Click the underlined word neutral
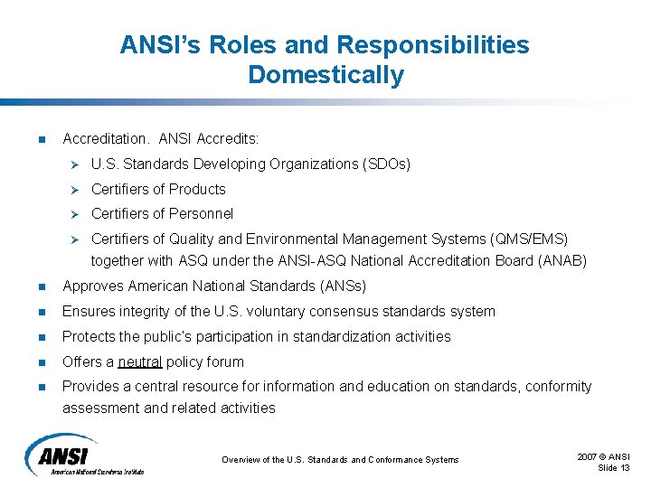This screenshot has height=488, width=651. [140, 361]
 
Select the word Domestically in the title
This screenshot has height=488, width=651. [325, 75]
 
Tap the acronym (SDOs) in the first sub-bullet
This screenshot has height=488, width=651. [386, 164]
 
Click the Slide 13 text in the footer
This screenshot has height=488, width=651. [614, 466]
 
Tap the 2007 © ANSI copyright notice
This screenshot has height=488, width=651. [603, 456]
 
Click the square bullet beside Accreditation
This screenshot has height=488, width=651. [40, 139]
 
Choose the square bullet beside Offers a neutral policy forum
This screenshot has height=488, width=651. [40, 362]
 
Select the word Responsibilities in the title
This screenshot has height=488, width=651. [433, 44]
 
